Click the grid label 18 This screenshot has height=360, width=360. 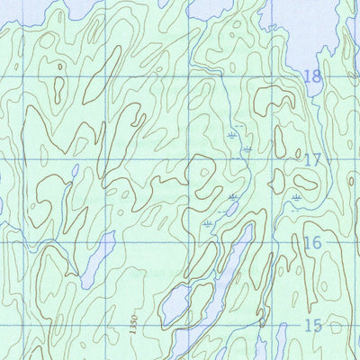[312, 77]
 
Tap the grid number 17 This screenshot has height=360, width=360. [312, 161]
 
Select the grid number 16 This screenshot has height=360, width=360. [312, 243]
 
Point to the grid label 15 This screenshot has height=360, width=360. [312, 326]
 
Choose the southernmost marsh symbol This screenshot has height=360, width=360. [209, 221]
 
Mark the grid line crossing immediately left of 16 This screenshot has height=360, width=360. [271, 242]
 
